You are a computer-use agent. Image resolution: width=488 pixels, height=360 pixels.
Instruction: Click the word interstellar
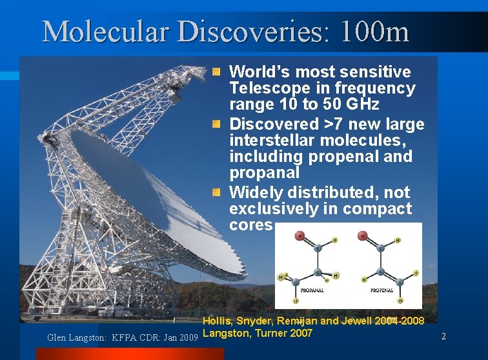click(x=267, y=140)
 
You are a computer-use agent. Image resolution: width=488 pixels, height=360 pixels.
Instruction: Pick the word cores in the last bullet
click(x=251, y=225)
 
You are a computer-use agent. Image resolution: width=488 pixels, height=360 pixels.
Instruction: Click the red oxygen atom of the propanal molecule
click(x=300, y=236)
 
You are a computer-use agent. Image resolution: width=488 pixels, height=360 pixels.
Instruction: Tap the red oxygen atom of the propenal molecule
click(x=363, y=236)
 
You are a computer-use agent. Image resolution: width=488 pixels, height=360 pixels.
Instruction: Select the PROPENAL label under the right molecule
click(x=381, y=290)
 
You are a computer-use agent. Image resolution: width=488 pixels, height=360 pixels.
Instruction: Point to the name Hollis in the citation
click(x=218, y=321)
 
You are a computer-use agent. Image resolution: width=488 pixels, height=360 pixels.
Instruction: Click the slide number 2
click(x=443, y=335)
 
